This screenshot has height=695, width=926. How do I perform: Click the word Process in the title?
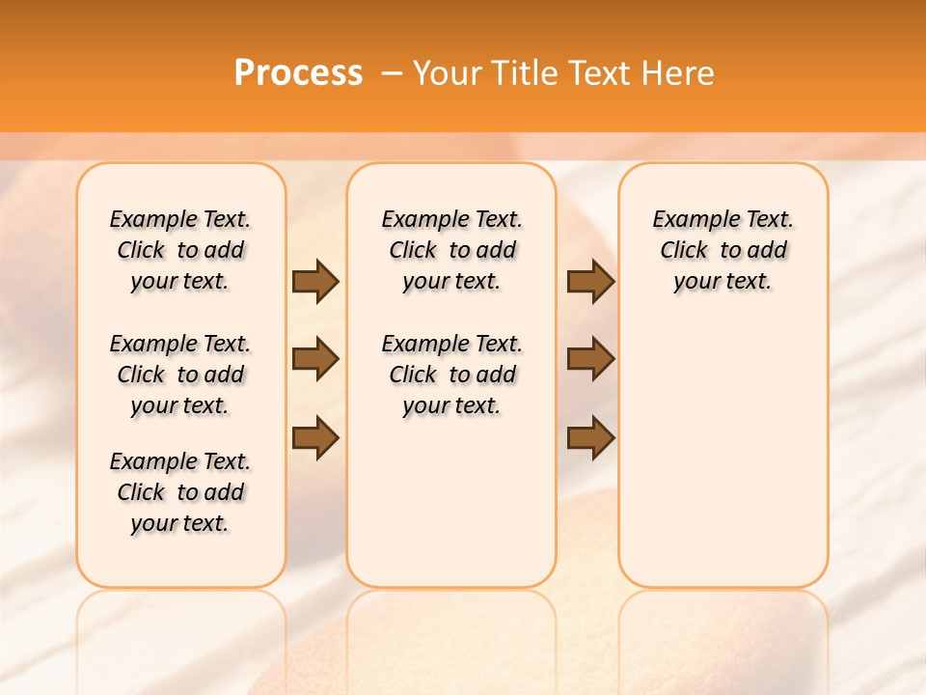[x=298, y=73]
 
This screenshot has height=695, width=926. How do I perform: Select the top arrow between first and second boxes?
[x=315, y=281]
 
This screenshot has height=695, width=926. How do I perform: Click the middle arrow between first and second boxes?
[x=315, y=359]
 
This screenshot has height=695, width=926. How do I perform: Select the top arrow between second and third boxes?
[x=590, y=281]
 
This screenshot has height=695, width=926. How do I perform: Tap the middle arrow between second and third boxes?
[x=590, y=359]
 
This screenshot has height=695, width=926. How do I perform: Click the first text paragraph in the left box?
[x=180, y=250]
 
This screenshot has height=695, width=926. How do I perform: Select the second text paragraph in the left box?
[x=180, y=375]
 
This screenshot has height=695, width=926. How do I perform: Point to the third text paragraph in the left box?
[x=180, y=492]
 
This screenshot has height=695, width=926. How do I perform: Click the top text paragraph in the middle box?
[x=451, y=250]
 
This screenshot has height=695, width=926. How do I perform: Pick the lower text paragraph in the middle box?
[x=451, y=375]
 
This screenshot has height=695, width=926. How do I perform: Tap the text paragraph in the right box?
[x=722, y=250]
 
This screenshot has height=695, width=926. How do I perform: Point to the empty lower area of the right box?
[x=722, y=454]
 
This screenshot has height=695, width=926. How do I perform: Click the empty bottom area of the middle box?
[x=451, y=512]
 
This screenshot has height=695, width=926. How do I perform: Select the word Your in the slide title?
[x=449, y=73]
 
